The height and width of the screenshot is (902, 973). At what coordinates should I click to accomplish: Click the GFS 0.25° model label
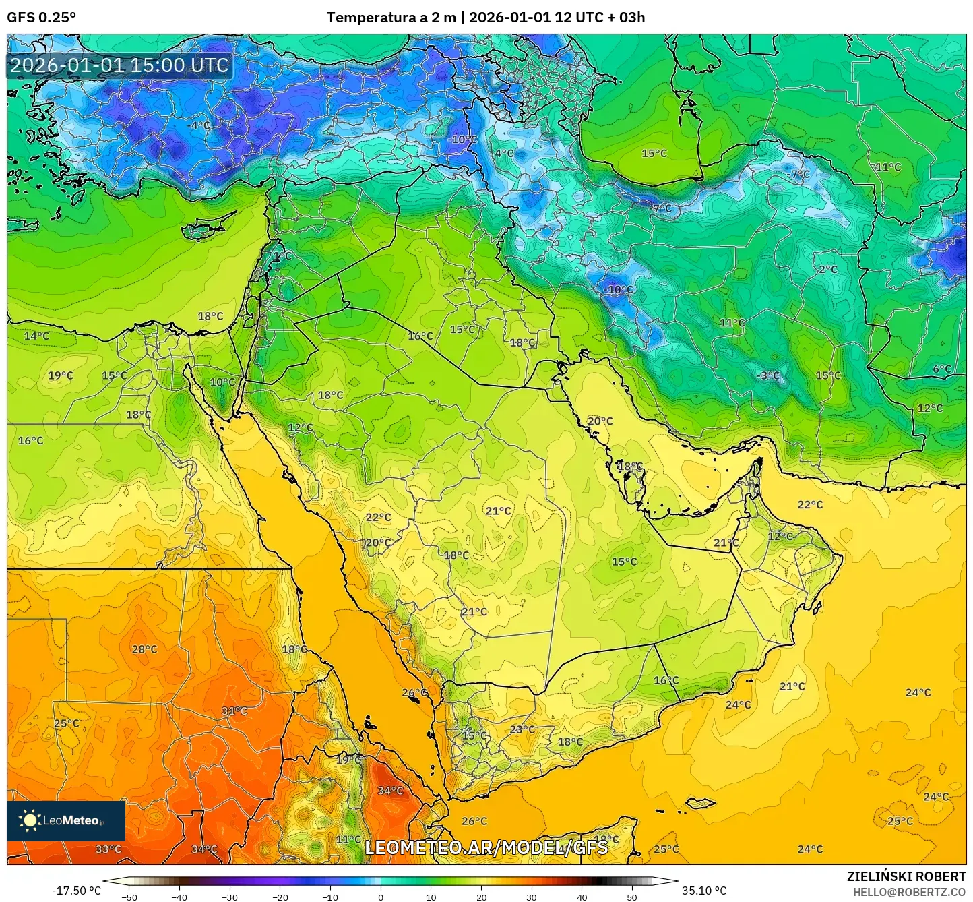pyautogui.click(x=41, y=18)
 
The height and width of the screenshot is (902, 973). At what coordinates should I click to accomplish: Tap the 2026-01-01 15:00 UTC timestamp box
pyautogui.click(x=119, y=65)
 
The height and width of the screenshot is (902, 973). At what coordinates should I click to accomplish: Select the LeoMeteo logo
pyautogui.click(x=65, y=820)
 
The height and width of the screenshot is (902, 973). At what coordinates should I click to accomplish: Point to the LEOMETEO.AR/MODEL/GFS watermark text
pyautogui.click(x=486, y=847)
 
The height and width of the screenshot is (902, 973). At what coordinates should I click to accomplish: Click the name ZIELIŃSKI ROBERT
pyautogui.click(x=906, y=876)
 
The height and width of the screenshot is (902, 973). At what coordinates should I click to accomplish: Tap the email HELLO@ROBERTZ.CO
pyautogui.click(x=909, y=891)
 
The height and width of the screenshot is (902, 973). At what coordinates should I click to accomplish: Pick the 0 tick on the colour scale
pyautogui.click(x=381, y=897)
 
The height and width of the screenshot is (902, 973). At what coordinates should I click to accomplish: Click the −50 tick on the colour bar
pyautogui.click(x=129, y=897)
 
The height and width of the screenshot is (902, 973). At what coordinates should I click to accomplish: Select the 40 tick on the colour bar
pyautogui.click(x=582, y=897)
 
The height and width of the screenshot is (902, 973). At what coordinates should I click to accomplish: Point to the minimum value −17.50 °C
pyautogui.click(x=76, y=891)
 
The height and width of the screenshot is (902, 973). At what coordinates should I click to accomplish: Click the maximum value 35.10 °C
pyautogui.click(x=704, y=891)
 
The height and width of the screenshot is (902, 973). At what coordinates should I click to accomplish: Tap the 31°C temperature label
pyautogui.click(x=234, y=711)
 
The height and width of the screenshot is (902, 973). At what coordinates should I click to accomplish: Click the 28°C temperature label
pyautogui.click(x=144, y=649)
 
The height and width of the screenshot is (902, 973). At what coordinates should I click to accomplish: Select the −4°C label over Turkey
pyautogui.click(x=198, y=125)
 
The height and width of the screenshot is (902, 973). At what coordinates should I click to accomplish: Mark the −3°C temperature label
pyautogui.click(x=768, y=375)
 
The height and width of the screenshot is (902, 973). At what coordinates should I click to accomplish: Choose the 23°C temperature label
pyautogui.click(x=522, y=729)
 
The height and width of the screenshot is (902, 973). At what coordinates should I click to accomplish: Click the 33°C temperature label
pyautogui.click(x=108, y=849)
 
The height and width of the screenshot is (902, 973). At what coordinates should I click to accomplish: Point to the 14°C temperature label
pyautogui.click(x=36, y=336)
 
